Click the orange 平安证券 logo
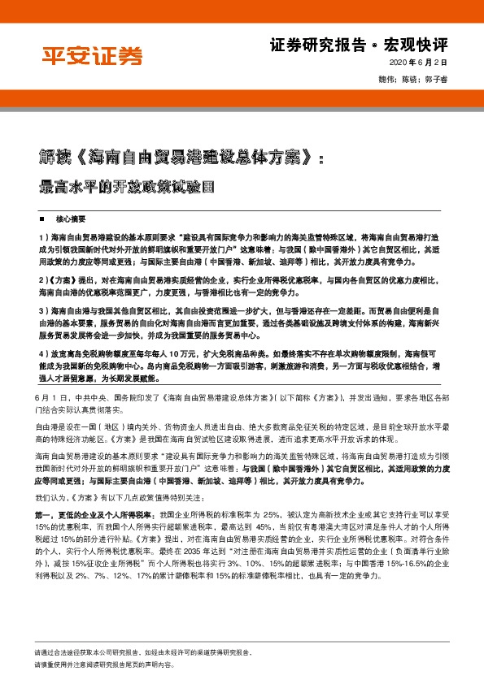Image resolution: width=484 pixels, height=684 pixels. click(x=91, y=56)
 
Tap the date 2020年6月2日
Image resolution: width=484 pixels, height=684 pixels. click(x=419, y=63)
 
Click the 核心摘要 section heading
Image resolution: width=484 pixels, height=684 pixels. click(x=70, y=219)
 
